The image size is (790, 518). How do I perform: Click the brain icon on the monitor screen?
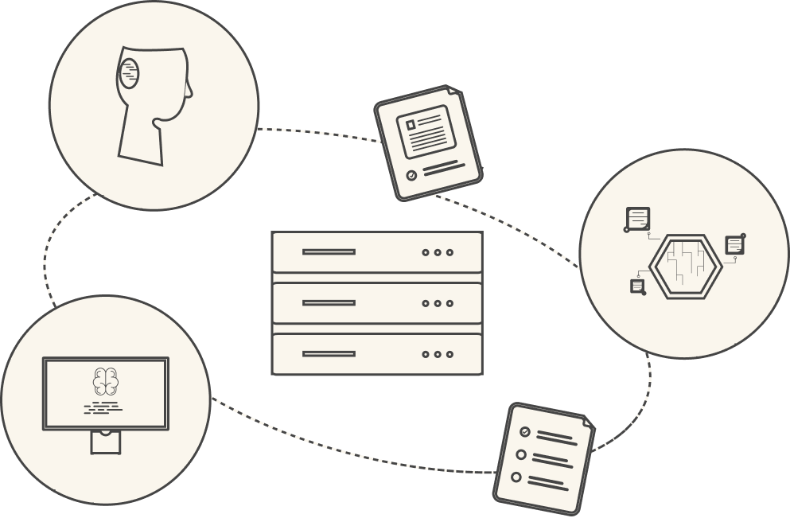[105, 380]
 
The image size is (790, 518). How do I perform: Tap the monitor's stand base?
[105, 442]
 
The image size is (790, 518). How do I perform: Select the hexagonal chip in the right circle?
[685, 267]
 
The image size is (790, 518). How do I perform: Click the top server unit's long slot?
[329, 252]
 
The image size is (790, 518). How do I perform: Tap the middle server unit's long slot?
[329, 303]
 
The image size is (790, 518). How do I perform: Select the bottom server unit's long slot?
[329, 354]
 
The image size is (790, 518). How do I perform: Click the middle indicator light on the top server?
[438, 252]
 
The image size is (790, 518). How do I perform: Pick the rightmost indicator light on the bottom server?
[449, 354]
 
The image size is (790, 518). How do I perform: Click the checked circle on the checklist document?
[524, 431]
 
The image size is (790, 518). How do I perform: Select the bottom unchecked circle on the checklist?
[516, 477]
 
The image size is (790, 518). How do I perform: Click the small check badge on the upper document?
[411, 175]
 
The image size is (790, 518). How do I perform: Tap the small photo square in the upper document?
[411, 125]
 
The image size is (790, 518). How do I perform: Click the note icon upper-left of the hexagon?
[638, 218]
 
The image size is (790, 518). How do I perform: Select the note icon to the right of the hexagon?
[734, 244]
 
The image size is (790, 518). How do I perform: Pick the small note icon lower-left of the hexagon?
[637, 286]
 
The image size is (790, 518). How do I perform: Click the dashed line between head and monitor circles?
[47, 255]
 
